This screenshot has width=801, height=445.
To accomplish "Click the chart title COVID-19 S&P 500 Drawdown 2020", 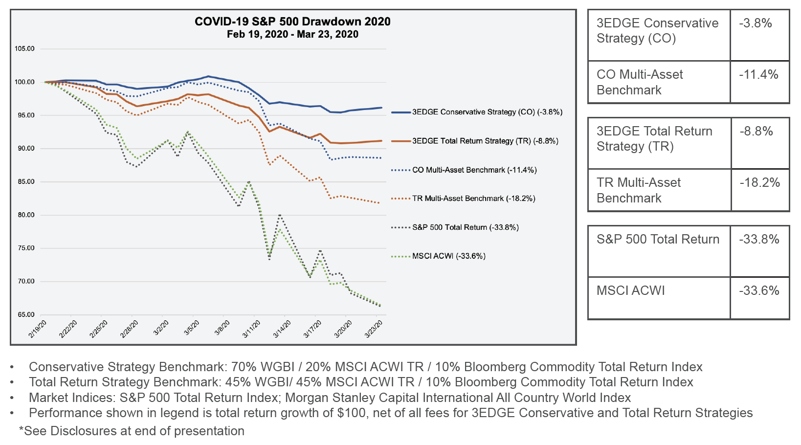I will (x=292, y=22).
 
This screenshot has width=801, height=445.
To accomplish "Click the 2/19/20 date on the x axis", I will (x=38, y=329).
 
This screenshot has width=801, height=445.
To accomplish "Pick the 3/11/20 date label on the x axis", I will (x=252, y=329).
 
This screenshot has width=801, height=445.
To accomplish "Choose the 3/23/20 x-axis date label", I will (x=374, y=329).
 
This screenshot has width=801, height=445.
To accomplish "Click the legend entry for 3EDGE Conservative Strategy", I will (x=487, y=112).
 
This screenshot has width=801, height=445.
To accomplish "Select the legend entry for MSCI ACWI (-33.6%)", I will (x=448, y=256).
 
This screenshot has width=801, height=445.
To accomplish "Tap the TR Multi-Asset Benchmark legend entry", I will (x=473, y=199).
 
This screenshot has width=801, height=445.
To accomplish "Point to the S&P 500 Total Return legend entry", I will (x=465, y=227).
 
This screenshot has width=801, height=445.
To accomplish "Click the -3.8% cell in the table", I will (x=756, y=23).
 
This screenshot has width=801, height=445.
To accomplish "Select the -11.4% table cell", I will (x=758, y=75).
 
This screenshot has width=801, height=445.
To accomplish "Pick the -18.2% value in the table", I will (x=759, y=183).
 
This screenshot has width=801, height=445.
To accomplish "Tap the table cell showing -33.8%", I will (x=759, y=240).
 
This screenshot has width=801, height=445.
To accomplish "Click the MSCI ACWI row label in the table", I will (x=631, y=291).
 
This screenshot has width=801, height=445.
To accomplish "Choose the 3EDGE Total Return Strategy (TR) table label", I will (x=654, y=138).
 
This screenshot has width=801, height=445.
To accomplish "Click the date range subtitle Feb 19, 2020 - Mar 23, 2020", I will (x=292, y=35).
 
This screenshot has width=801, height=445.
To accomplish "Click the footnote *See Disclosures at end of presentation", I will (x=132, y=431).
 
